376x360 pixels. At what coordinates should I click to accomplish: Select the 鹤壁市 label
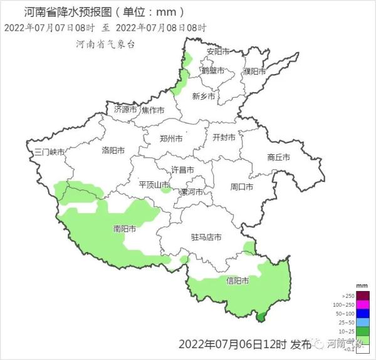213,70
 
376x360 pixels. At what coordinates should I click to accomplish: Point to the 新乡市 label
204,97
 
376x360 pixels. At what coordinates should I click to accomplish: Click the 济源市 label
125,109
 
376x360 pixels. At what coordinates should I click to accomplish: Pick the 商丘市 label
278,157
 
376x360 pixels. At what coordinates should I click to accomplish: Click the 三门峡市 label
50,152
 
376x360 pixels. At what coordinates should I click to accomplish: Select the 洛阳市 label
113,151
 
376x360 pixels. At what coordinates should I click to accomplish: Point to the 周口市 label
241,187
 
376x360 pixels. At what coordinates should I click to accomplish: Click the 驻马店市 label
206,237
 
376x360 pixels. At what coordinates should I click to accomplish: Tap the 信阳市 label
238,281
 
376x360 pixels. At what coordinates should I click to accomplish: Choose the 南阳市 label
125,229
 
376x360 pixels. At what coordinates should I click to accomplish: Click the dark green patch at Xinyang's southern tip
261,317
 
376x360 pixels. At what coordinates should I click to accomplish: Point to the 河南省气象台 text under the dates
105,44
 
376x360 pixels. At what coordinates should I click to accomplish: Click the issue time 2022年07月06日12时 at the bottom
232,344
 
